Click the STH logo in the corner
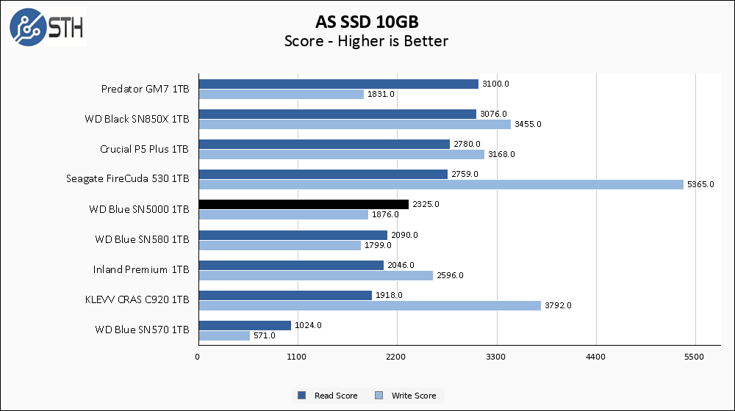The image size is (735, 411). coord(46,27)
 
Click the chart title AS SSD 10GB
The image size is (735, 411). coord(366,21)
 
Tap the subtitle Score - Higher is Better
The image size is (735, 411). coord(366,41)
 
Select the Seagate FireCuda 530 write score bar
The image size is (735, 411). coord(440,185)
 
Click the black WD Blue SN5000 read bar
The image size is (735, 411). coord(303,204)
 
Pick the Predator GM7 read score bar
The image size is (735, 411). coord(338,84)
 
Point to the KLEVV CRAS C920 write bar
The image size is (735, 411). coord(369,305)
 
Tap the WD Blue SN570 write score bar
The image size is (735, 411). coord(223,335)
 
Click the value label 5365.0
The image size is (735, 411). coord(700,185)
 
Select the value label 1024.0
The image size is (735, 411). coord(308,325)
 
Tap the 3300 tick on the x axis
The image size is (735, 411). coord(497,357)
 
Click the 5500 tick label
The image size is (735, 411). coord(695,357)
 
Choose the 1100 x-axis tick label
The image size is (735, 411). coord(298,357)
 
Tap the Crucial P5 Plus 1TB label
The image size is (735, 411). coord(144,149)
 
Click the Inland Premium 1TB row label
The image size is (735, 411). coord(141,269)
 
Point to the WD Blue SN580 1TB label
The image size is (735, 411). coord(142,239)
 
